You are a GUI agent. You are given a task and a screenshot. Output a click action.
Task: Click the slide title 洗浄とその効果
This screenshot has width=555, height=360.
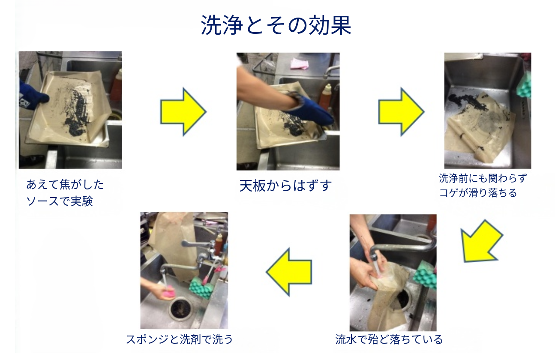click(276, 25)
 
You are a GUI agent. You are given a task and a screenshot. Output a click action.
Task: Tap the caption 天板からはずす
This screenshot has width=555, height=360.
click(285, 186)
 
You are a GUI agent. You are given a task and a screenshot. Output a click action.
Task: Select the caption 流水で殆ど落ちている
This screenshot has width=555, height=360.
click(389, 339)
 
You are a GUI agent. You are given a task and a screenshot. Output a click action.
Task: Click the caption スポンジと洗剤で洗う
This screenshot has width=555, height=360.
click(180, 339)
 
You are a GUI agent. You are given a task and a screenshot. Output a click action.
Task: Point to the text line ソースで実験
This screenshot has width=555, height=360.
click(60, 201)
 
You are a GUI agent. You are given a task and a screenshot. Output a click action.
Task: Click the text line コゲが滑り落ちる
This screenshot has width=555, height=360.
click(478, 193)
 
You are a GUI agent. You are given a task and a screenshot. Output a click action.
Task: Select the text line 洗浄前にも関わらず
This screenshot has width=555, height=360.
click(483, 178)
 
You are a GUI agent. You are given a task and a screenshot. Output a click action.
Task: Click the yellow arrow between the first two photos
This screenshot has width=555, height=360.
click(183, 111)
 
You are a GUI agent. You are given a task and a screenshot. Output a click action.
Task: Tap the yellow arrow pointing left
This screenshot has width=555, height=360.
click(289, 272)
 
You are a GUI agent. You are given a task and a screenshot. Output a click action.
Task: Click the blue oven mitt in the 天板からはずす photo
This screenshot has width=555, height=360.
click(310, 110)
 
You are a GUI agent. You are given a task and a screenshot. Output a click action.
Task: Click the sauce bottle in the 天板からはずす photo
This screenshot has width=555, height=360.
click(325, 97)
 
